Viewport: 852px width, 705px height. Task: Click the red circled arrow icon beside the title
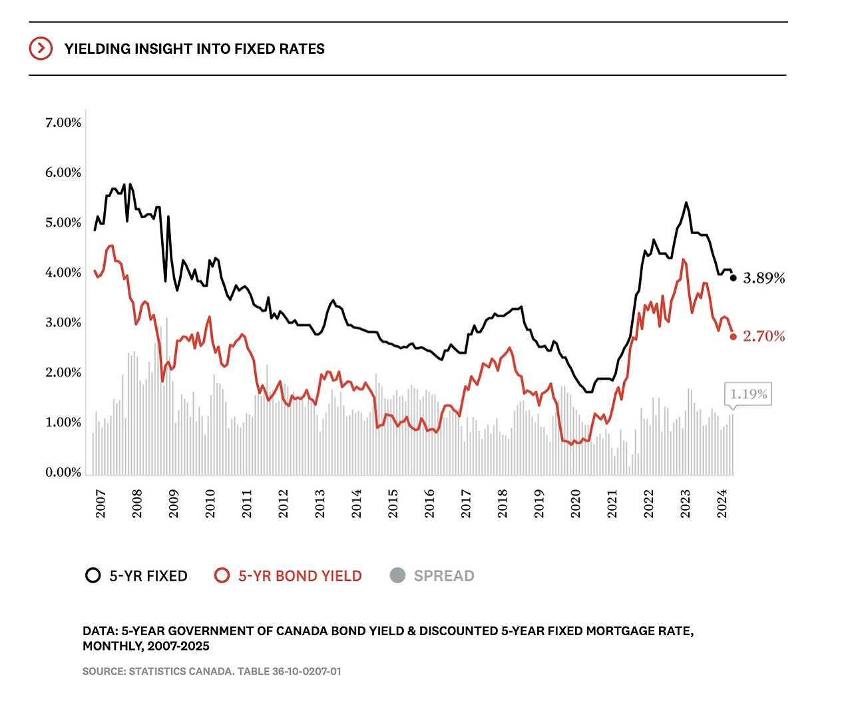pyautogui.click(x=41, y=49)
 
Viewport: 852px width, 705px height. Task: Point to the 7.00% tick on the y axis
pyautogui.click(x=63, y=122)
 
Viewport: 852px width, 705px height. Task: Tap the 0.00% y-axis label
pyautogui.click(x=63, y=472)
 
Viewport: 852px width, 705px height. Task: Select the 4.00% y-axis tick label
pyautogui.click(x=63, y=273)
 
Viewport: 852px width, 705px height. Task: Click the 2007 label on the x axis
pyautogui.click(x=101, y=504)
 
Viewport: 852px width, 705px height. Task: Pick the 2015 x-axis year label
pyautogui.click(x=393, y=504)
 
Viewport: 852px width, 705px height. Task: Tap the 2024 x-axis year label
pyautogui.click(x=722, y=504)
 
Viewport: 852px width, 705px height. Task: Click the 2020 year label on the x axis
pyautogui.click(x=576, y=504)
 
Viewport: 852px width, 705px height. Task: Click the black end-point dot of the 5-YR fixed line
pyautogui.click(x=734, y=278)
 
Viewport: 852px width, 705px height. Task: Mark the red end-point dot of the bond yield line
pyautogui.click(x=734, y=337)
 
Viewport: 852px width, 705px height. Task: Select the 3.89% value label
pyautogui.click(x=764, y=278)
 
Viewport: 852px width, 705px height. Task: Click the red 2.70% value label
pyautogui.click(x=764, y=337)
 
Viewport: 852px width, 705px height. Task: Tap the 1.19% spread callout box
pyautogui.click(x=748, y=394)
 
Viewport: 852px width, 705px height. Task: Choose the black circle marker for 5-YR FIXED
pyautogui.click(x=93, y=575)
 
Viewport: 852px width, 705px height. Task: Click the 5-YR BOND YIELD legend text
pyautogui.click(x=300, y=576)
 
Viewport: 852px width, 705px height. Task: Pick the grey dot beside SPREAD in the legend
pyautogui.click(x=397, y=575)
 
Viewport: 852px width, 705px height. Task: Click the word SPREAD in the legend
pyautogui.click(x=444, y=576)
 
